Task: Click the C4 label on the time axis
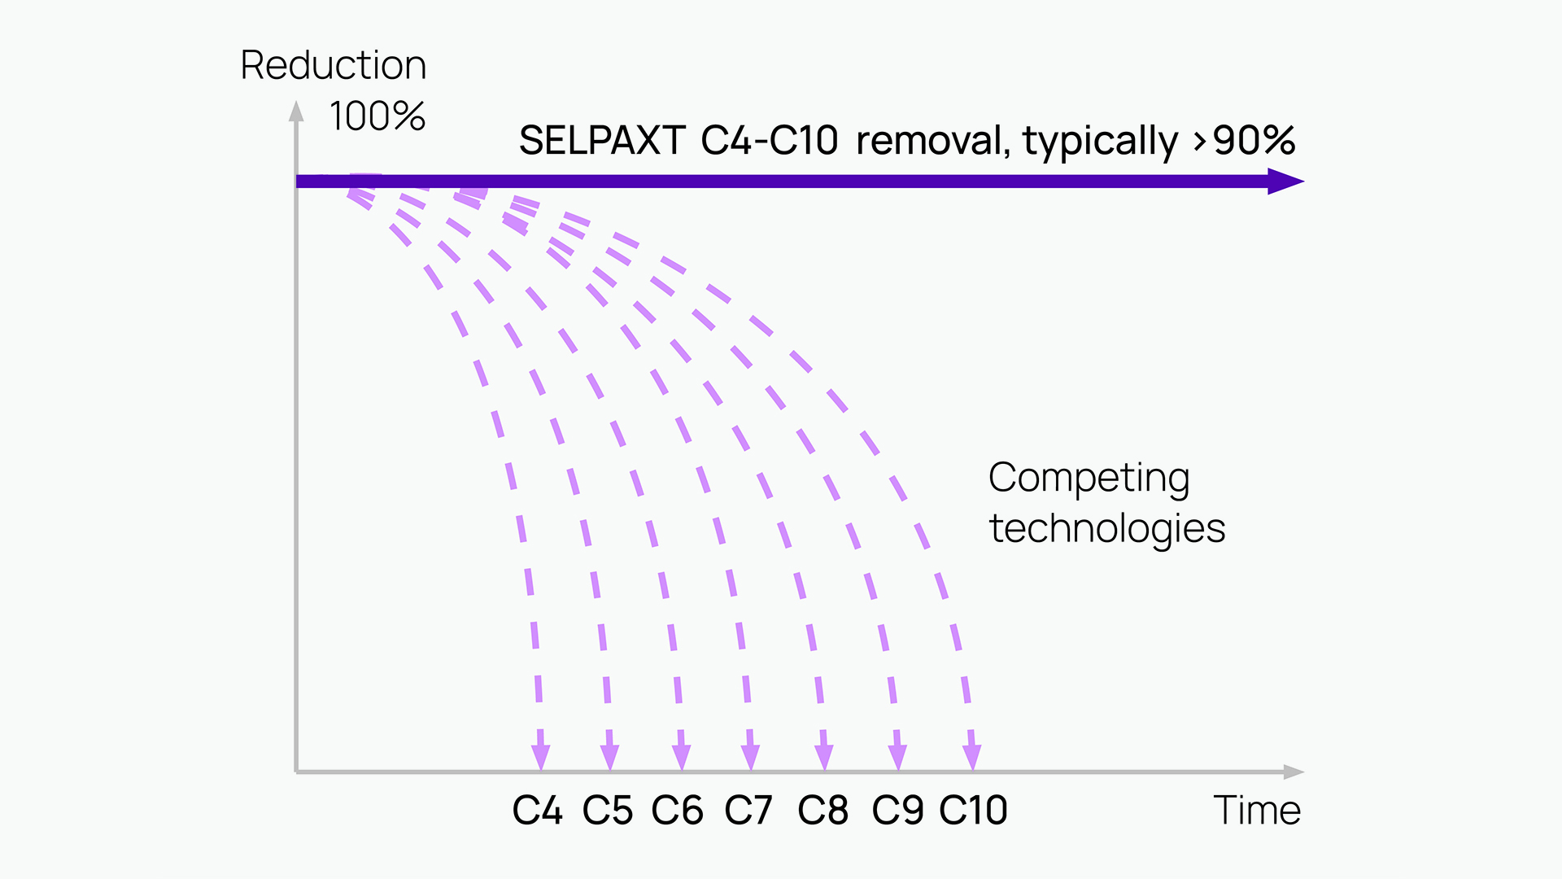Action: pos(537,811)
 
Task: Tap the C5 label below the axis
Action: pos(608,811)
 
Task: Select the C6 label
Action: pos(678,811)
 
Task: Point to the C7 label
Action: pos(748,811)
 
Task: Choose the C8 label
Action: pos(823,811)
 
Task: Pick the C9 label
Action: pos(897,811)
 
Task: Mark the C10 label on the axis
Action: pos(974,811)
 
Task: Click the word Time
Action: pos(1257,811)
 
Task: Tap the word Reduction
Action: pos(334,65)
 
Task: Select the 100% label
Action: pos(377,116)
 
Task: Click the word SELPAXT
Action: pos(603,141)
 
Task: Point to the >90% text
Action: pos(1245,141)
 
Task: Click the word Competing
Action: pos(1089,479)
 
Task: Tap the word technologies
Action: pos(1107,529)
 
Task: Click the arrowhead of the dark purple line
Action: pos(1286,181)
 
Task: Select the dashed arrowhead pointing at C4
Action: pos(541,757)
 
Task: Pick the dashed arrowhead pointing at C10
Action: pos(972,757)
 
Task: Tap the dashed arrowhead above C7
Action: pos(751,757)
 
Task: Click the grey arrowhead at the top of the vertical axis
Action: pos(297,112)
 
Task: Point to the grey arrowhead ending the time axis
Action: pos(1294,772)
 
